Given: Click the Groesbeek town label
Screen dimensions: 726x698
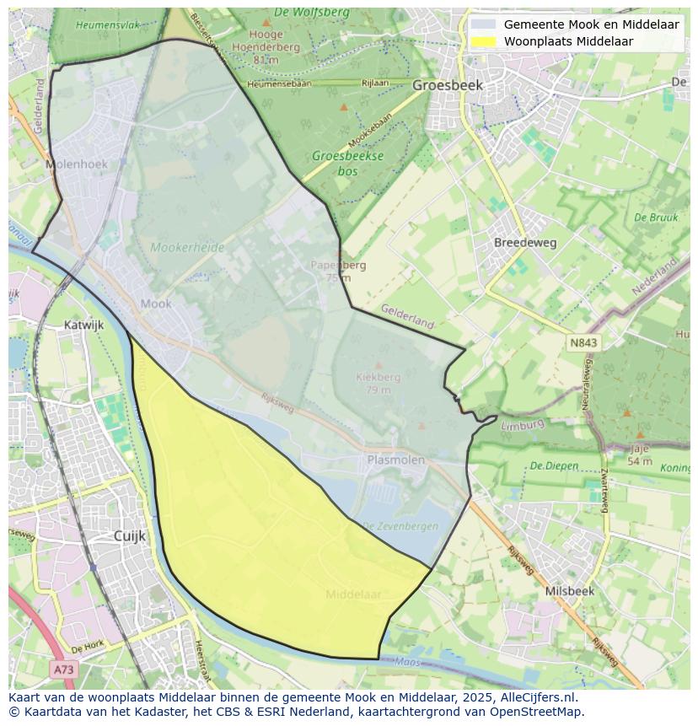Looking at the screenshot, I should [x=448, y=85].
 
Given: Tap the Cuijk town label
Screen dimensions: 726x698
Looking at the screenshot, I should [x=130, y=535].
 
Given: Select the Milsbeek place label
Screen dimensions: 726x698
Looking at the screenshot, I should [x=570, y=591].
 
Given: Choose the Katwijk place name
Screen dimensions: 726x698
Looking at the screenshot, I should [x=83, y=324].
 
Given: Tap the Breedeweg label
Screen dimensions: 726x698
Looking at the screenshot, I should [x=525, y=242].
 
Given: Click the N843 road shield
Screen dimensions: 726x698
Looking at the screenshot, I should [x=583, y=342].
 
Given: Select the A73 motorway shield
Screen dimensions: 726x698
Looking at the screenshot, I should [x=63, y=670].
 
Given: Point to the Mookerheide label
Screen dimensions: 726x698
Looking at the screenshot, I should [x=187, y=248].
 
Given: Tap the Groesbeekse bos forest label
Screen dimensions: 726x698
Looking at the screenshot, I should [x=347, y=163].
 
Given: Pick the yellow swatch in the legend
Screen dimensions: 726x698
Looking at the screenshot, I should [x=484, y=41].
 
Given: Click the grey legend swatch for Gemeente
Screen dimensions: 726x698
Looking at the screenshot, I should [x=484, y=24].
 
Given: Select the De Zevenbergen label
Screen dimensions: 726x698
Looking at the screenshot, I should [x=400, y=526].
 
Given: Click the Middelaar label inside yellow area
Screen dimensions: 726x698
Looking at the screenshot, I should [x=353, y=594].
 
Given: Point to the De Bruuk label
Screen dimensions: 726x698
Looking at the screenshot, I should [x=656, y=218].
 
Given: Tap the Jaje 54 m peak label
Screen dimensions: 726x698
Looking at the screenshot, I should [x=639, y=455].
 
